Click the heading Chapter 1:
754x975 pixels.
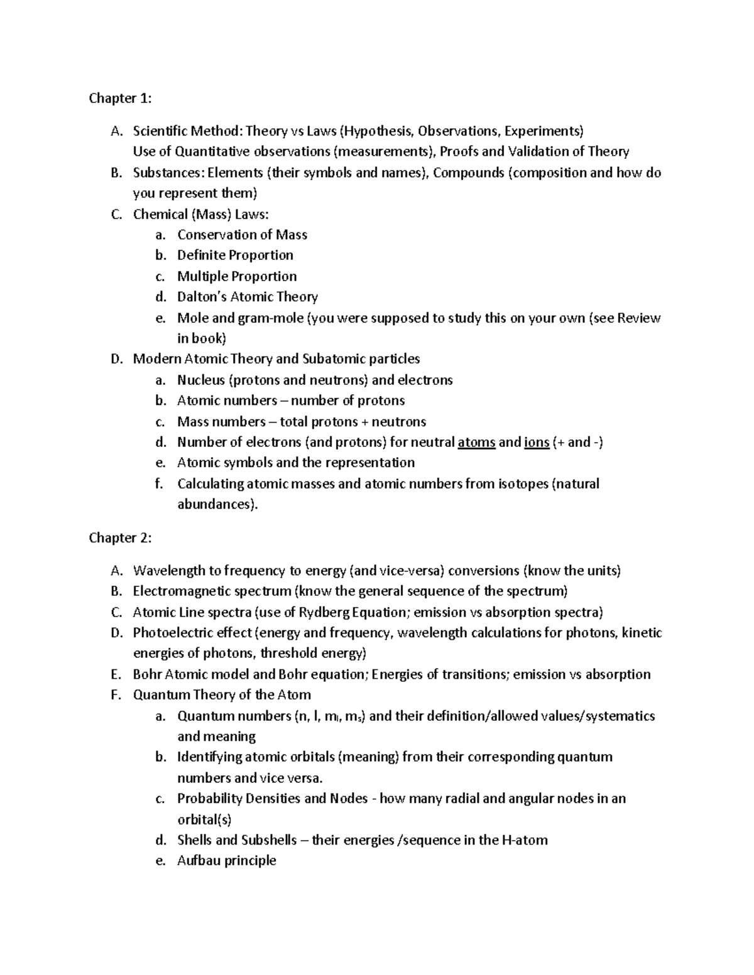[120, 98]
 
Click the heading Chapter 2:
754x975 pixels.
[120, 537]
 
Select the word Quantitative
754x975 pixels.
[212, 151]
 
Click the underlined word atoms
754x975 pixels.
[476, 442]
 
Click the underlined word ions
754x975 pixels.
[537, 442]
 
